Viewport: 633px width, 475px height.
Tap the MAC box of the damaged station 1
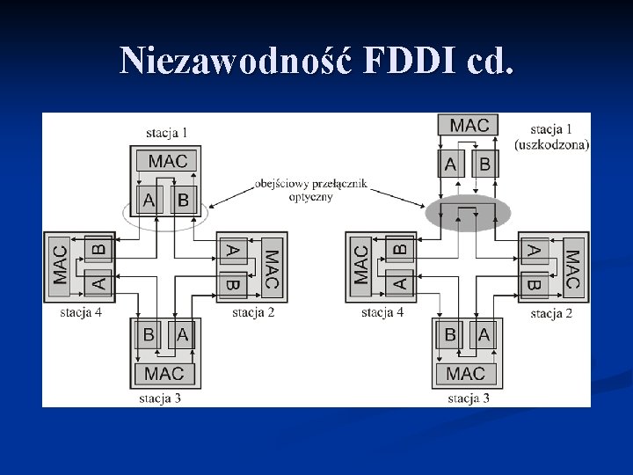[x=469, y=125]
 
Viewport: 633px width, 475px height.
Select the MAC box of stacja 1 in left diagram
[x=167, y=161]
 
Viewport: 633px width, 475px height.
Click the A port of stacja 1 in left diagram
[x=149, y=200]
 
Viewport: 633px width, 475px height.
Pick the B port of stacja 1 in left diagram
[x=183, y=200]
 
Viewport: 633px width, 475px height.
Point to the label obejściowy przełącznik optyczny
[x=309, y=191]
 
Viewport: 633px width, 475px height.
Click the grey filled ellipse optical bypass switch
[x=469, y=213]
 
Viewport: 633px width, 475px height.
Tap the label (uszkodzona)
[x=552, y=145]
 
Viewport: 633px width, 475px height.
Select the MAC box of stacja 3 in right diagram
[x=465, y=374]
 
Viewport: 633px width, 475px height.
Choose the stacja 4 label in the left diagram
[x=81, y=311]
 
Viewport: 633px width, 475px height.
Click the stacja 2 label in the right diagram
[x=551, y=312]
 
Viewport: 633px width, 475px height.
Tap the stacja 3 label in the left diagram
[x=160, y=398]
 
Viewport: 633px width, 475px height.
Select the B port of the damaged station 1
[x=484, y=164]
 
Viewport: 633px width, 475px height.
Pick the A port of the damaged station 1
[x=451, y=164]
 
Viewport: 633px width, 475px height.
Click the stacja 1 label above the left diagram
[x=167, y=133]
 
